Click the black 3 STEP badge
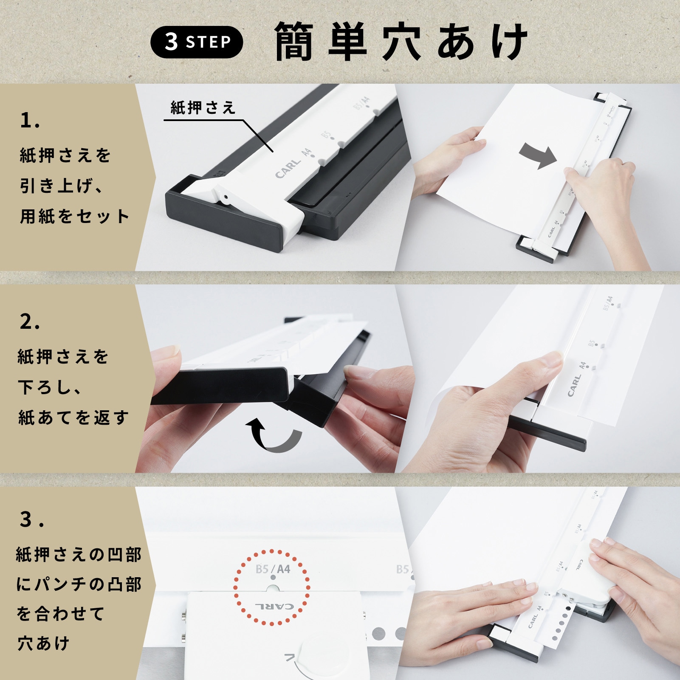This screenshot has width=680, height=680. (197, 42)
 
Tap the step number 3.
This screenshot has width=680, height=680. (31, 519)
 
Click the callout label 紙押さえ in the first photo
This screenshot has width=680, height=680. (203, 108)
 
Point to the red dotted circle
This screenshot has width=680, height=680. (272, 587)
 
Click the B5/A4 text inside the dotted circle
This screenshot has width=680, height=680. (273, 569)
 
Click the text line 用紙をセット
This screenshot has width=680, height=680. (74, 217)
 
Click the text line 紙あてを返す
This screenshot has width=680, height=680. (73, 418)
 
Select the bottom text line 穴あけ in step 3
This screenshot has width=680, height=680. (43, 643)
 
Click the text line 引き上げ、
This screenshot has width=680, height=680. (62, 186)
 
